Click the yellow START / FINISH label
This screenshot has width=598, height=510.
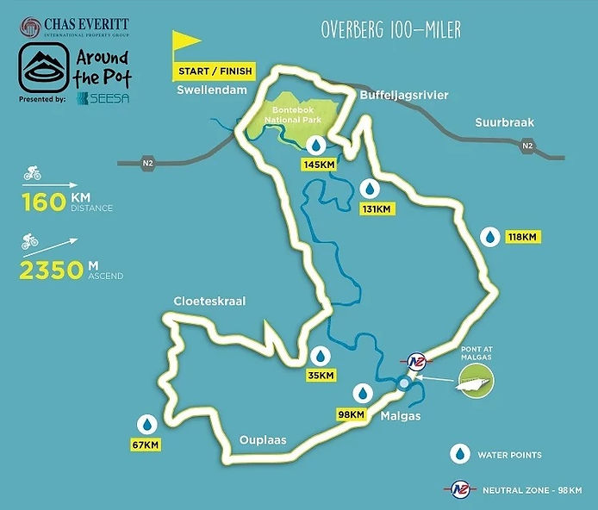pos(215,71)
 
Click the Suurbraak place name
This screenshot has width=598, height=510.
pos(505,123)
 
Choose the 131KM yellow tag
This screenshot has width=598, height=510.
pos(377,209)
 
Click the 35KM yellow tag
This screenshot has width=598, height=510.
pos(320,376)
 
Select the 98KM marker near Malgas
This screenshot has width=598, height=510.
pos(352,414)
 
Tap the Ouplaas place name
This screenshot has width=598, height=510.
pos(262,440)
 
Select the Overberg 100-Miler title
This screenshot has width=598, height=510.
pos(390,29)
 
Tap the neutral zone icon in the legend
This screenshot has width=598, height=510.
pos(463,488)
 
